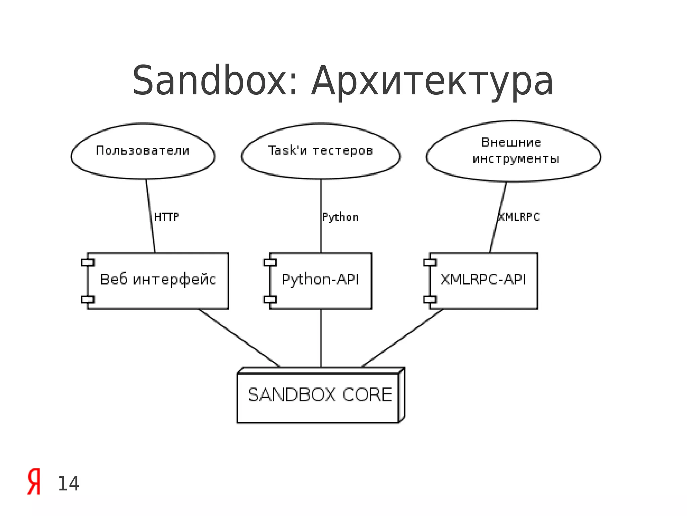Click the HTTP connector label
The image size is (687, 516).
click(166, 217)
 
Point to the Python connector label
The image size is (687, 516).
click(340, 217)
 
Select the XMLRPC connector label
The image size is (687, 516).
click(519, 217)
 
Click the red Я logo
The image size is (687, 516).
click(34, 482)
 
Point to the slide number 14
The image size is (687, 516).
click(68, 484)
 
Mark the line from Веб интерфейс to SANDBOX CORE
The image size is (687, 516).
click(239, 338)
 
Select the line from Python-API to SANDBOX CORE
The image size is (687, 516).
click(321, 338)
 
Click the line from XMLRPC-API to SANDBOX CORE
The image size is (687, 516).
click(403, 338)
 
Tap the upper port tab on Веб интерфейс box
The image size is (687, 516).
click(88, 262)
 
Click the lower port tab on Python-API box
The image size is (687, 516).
click(270, 299)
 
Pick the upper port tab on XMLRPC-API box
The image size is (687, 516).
click(430, 262)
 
